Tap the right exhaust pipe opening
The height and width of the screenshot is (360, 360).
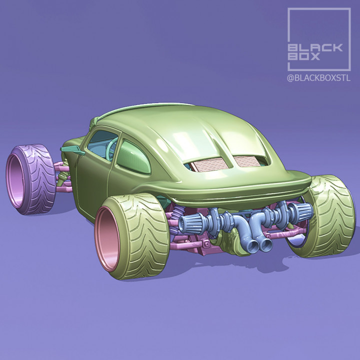click(x=266, y=245)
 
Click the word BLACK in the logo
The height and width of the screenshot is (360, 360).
click(x=315, y=47)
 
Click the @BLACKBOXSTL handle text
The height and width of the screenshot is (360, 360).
click(x=318, y=78)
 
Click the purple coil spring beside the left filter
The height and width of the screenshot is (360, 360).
click(x=172, y=225)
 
